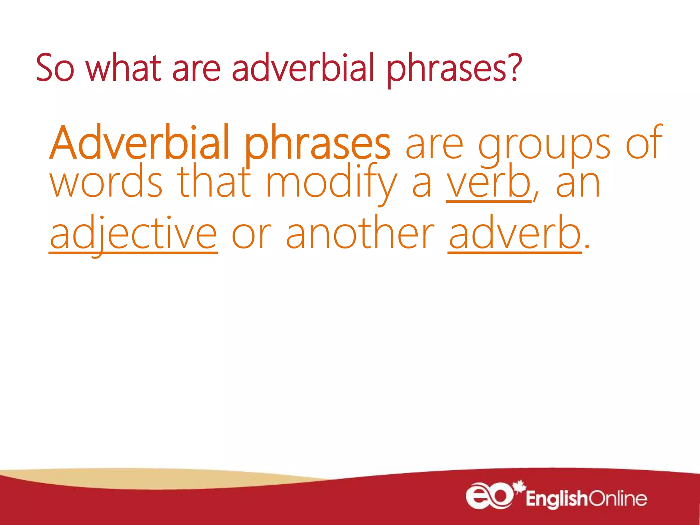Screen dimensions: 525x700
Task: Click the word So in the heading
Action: (55, 68)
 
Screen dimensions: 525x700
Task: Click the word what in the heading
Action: (123, 68)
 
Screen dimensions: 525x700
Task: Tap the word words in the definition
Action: (106, 183)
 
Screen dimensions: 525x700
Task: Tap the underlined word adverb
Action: (514, 234)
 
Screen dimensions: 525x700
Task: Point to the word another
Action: (360, 234)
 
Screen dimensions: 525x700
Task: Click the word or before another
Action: (251, 236)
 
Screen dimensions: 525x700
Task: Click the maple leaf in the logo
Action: (520, 486)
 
